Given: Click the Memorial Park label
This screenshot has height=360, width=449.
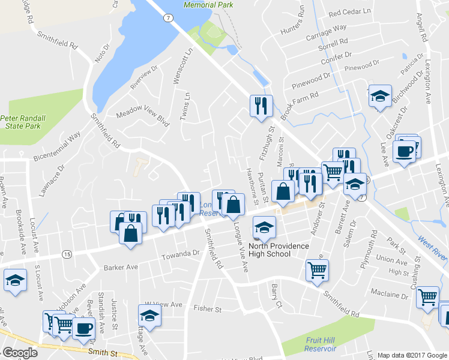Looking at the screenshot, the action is [x=208, y=4].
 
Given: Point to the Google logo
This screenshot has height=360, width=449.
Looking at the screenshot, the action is [x=20, y=353].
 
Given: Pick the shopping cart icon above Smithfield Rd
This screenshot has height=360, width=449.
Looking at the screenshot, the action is [x=317, y=269].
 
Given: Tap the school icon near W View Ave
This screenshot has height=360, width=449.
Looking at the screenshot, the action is [x=150, y=316].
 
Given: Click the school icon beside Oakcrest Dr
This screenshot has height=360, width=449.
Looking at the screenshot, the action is [x=379, y=97].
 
